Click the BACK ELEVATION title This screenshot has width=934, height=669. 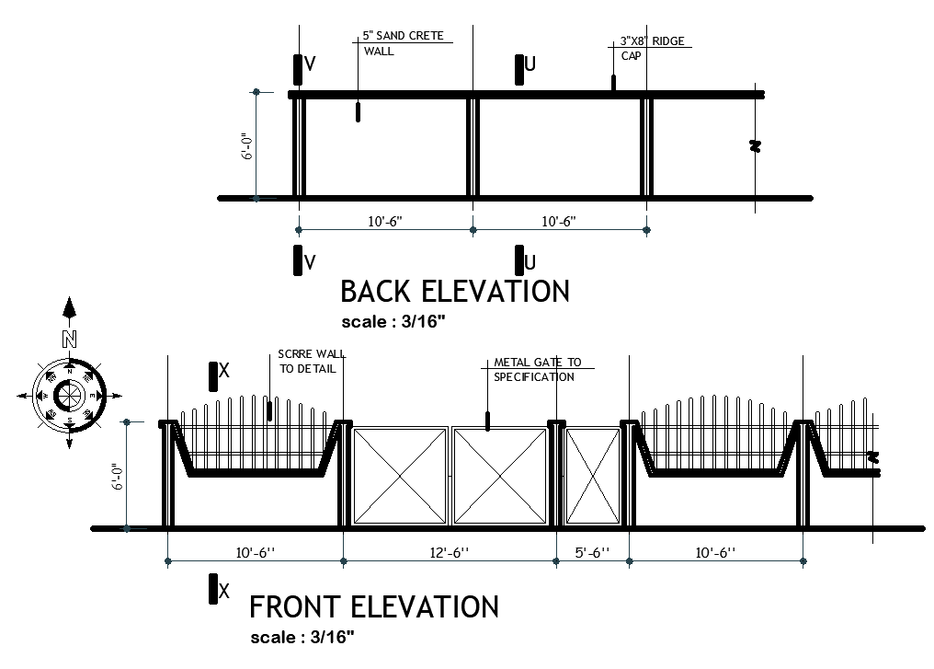point(454,292)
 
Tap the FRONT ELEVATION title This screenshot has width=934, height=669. point(374,607)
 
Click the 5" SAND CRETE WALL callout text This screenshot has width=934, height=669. point(402,43)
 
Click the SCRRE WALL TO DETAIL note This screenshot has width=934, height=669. point(307,361)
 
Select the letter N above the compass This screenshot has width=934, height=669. point(69,339)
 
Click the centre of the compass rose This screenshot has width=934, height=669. point(69,396)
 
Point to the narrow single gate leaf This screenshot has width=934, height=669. point(591,475)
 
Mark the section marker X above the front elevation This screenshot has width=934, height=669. point(219,373)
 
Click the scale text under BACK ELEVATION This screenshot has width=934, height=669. point(393,322)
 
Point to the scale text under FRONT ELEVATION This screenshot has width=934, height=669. point(302,637)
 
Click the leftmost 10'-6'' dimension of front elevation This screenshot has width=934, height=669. point(255,552)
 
